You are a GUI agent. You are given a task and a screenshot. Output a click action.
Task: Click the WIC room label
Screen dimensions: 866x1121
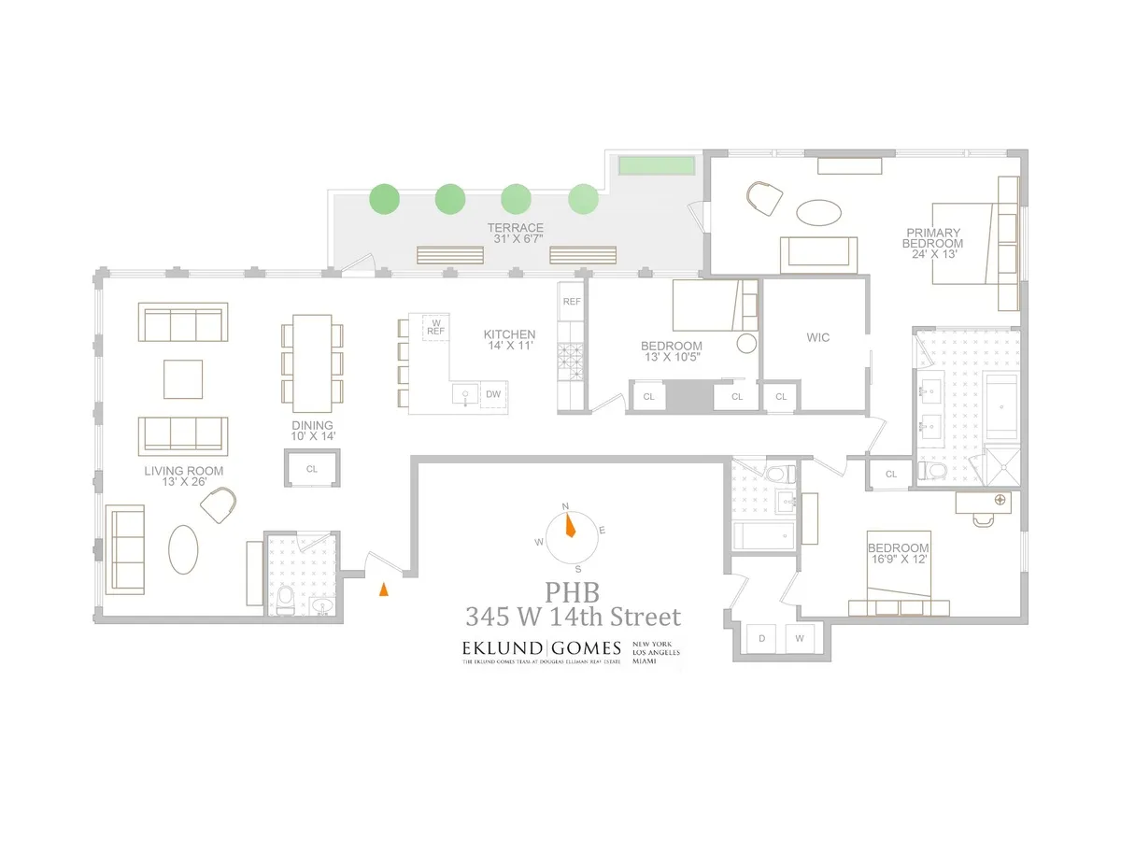point(818,336)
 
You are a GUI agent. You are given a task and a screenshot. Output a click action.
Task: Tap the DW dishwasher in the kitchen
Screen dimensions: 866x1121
point(493,395)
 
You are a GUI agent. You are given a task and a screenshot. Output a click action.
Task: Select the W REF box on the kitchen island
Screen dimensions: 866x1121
point(435,327)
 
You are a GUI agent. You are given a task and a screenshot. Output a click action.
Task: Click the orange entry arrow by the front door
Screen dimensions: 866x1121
point(382,589)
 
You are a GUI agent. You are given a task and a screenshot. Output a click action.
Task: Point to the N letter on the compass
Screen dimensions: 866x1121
point(564,506)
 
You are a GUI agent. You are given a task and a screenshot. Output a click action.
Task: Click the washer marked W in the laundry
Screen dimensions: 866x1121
point(801,640)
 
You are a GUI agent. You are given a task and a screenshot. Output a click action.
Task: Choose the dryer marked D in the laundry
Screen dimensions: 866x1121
point(762,640)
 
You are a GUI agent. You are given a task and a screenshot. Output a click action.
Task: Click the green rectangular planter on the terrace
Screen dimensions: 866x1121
point(658,165)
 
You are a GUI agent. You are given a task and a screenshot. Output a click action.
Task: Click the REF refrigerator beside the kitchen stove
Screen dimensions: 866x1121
point(571,302)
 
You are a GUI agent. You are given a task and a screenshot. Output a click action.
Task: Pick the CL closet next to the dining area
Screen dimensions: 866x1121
point(312,469)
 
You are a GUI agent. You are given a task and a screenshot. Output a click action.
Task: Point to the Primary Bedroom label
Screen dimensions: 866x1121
point(937,237)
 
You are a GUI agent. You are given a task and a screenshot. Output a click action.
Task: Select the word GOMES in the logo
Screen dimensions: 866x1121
point(585,647)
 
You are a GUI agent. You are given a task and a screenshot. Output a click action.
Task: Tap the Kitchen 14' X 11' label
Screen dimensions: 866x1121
point(509,340)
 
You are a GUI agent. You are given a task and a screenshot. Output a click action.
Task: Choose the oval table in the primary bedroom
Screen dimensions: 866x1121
point(823,210)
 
